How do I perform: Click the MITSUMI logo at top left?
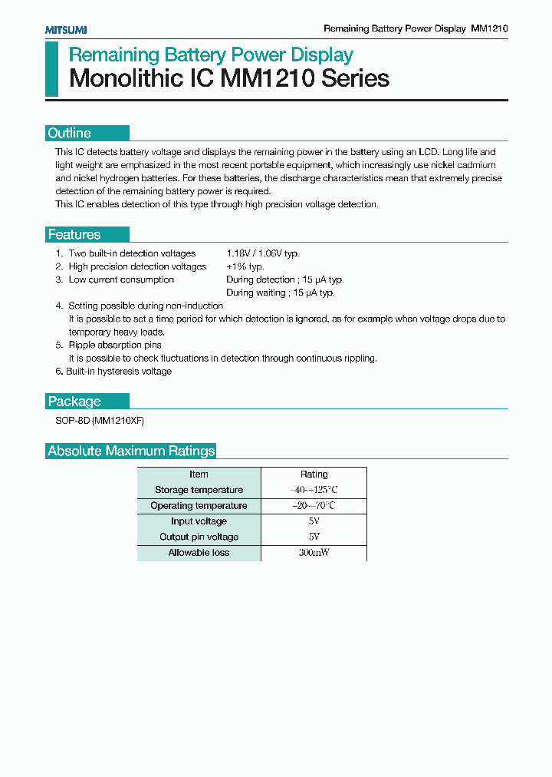pos(65,29)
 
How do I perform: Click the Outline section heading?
pos(70,133)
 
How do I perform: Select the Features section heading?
pos(74,235)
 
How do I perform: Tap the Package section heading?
pos(74,401)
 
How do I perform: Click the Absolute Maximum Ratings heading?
pos(131,451)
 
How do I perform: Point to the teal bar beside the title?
pos(51,68)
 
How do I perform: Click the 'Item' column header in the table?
pos(199,474)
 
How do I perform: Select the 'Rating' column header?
pos(314,474)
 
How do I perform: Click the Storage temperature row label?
pos(199,490)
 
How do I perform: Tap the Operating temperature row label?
pos(199,506)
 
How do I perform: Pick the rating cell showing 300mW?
pos(314,553)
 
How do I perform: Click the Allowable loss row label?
pos(199,553)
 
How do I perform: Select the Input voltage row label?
pos(199,521)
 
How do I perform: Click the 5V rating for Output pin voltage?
pos(314,537)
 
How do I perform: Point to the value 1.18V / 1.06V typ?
pos(262,253)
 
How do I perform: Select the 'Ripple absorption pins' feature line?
pos(115,346)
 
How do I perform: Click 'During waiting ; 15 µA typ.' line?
pos(280,293)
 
